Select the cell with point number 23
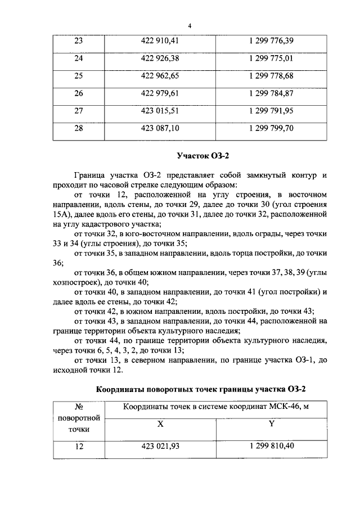[78, 40]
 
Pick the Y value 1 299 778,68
[271, 76]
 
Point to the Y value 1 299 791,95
[271, 111]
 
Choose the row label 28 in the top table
[78, 129]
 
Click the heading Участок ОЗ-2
[204, 155]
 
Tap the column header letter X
[160, 425]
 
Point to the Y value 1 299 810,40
[271, 447]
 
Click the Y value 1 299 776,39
[271, 40]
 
